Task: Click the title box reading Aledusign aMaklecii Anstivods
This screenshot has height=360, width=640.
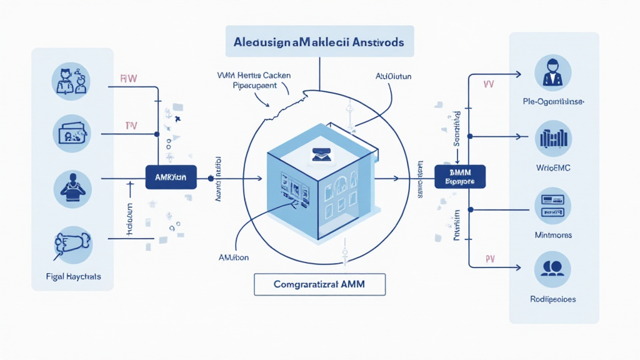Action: [x=319, y=42]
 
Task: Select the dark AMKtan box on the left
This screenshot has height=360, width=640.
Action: [x=171, y=177]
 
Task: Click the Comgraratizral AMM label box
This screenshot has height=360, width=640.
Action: [x=319, y=284]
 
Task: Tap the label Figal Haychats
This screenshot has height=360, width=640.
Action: [x=72, y=276]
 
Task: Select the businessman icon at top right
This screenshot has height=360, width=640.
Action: [x=553, y=72]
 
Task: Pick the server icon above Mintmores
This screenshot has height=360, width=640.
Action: [x=553, y=205]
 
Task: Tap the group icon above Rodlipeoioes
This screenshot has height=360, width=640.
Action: [x=553, y=269]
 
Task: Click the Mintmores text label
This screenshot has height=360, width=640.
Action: [x=553, y=235]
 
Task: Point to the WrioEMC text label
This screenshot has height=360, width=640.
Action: [x=553, y=168]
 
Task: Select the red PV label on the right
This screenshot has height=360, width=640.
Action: [x=491, y=259]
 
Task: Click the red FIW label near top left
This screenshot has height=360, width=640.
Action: [x=128, y=79]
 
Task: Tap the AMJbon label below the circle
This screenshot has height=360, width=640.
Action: [x=235, y=257]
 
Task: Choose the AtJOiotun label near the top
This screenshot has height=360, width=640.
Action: [x=394, y=77]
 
